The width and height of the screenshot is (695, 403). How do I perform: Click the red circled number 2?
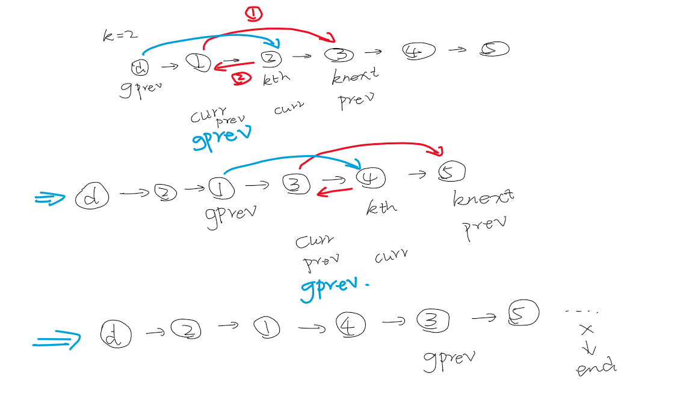click(241, 78)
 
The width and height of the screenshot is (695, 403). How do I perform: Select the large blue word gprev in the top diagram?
click(221, 137)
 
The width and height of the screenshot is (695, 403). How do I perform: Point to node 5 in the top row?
click(494, 49)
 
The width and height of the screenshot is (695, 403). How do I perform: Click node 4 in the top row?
click(419, 52)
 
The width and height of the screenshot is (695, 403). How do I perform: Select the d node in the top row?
click(140, 66)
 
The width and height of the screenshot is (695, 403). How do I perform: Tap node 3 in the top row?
click(339, 54)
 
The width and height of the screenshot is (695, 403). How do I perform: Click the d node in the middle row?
click(91, 197)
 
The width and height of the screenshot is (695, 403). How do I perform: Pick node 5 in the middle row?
click(452, 172)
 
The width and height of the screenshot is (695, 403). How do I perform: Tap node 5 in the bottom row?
click(523, 313)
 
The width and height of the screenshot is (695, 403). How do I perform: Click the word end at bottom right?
click(596, 368)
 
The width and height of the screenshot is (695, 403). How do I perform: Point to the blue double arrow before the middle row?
click(50, 198)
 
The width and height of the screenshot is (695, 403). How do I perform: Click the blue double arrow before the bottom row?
click(56, 340)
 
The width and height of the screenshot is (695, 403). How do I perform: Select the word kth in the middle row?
click(381, 208)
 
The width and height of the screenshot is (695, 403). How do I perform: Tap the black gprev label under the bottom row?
click(449, 359)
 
